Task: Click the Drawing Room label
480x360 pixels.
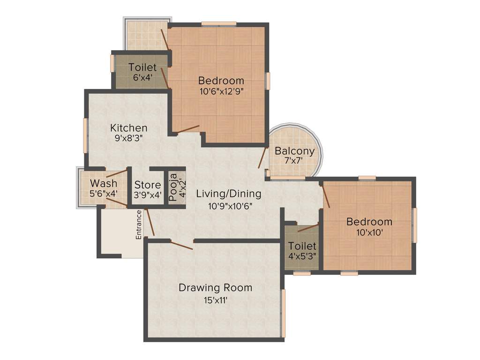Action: click(x=215, y=288)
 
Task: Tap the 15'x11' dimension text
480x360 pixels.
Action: click(x=215, y=300)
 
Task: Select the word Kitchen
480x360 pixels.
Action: click(x=128, y=127)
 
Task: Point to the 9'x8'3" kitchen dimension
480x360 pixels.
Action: click(x=128, y=138)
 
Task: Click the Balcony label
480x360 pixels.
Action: click(x=294, y=151)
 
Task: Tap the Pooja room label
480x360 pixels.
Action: click(x=172, y=187)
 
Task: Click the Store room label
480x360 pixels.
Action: click(x=148, y=185)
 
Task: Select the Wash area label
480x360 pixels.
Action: click(x=104, y=183)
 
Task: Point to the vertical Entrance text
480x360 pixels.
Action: click(x=139, y=225)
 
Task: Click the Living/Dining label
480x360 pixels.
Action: click(x=228, y=193)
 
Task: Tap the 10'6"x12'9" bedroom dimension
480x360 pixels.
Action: click(x=221, y=91)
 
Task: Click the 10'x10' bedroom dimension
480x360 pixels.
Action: click(x=369, y=232)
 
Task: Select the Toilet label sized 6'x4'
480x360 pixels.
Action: click(x=142, y=67)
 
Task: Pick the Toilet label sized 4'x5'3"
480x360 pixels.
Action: click(x=302, y=246)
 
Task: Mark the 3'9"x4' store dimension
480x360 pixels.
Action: click(x=148, y=195)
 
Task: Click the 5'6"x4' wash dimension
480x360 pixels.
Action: click(x=104, y=193)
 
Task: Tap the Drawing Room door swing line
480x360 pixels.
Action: click(x=182, y=245)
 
